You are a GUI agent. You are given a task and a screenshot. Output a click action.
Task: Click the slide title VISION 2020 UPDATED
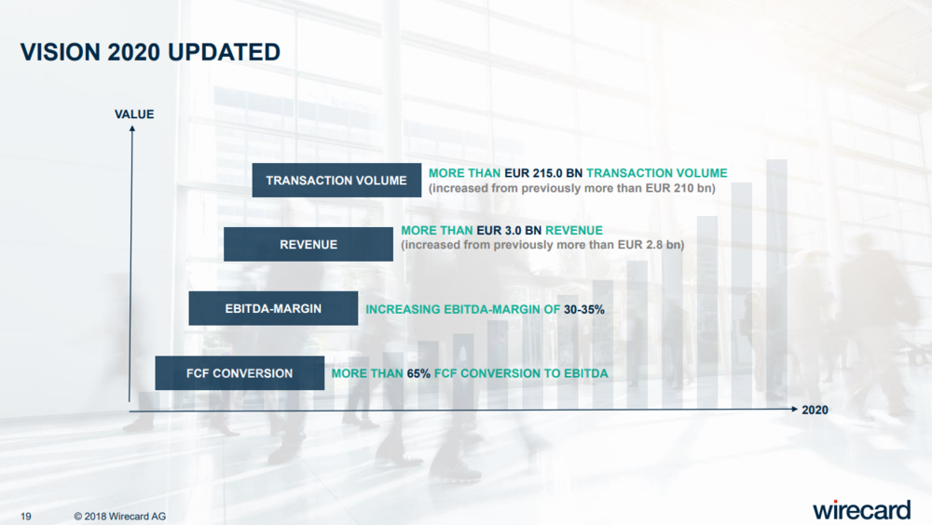coord(150,52)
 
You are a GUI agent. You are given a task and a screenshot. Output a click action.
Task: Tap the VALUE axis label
coord(134,114)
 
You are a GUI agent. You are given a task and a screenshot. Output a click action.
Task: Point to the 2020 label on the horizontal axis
coord(815,410)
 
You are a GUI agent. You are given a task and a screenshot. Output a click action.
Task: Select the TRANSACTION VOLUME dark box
coord(336,180)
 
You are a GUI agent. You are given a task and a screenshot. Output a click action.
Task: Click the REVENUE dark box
coord(308,244)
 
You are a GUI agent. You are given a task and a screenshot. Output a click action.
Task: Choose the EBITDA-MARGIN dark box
coord(273,308)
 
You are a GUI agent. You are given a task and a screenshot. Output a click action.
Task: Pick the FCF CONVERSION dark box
coord(240,373)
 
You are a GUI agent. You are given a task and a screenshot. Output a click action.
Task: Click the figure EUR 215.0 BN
coord(543,173)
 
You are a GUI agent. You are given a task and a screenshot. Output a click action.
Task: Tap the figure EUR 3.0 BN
coord(509,230)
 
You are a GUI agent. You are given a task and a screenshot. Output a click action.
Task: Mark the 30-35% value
coord(584,309)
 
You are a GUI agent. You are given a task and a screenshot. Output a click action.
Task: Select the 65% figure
coord(418,373)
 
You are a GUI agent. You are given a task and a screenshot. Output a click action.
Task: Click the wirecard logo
coord(861,509)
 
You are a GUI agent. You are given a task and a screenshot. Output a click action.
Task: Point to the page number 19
coord(25,517)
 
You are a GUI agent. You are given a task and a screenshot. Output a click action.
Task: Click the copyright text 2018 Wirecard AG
coord(120,517)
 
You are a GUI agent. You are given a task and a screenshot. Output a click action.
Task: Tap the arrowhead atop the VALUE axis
coord(132,128)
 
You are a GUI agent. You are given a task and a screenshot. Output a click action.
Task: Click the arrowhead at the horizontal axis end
coord(794,409)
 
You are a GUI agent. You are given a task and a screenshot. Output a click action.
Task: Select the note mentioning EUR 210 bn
coord(572,188)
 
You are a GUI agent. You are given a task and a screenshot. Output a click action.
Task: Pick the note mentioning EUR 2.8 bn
coord(542,245)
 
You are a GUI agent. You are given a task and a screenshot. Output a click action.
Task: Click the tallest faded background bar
coord(777,284)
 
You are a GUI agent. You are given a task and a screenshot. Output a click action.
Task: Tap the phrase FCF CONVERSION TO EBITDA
coord(521,373)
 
